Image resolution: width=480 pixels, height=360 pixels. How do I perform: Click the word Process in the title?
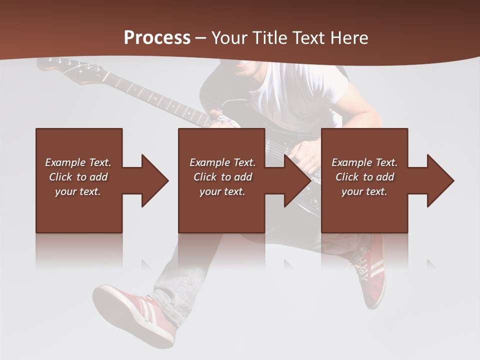click(x=157, y=38)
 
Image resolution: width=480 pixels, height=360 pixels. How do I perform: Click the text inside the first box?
click(x=78, y=177)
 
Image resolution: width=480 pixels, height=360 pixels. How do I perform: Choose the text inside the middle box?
click(x=222, y=177)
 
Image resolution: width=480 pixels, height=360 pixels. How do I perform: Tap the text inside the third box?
click(x=364, y=177)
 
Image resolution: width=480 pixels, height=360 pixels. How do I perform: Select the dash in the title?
click(x=200, y=38)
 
